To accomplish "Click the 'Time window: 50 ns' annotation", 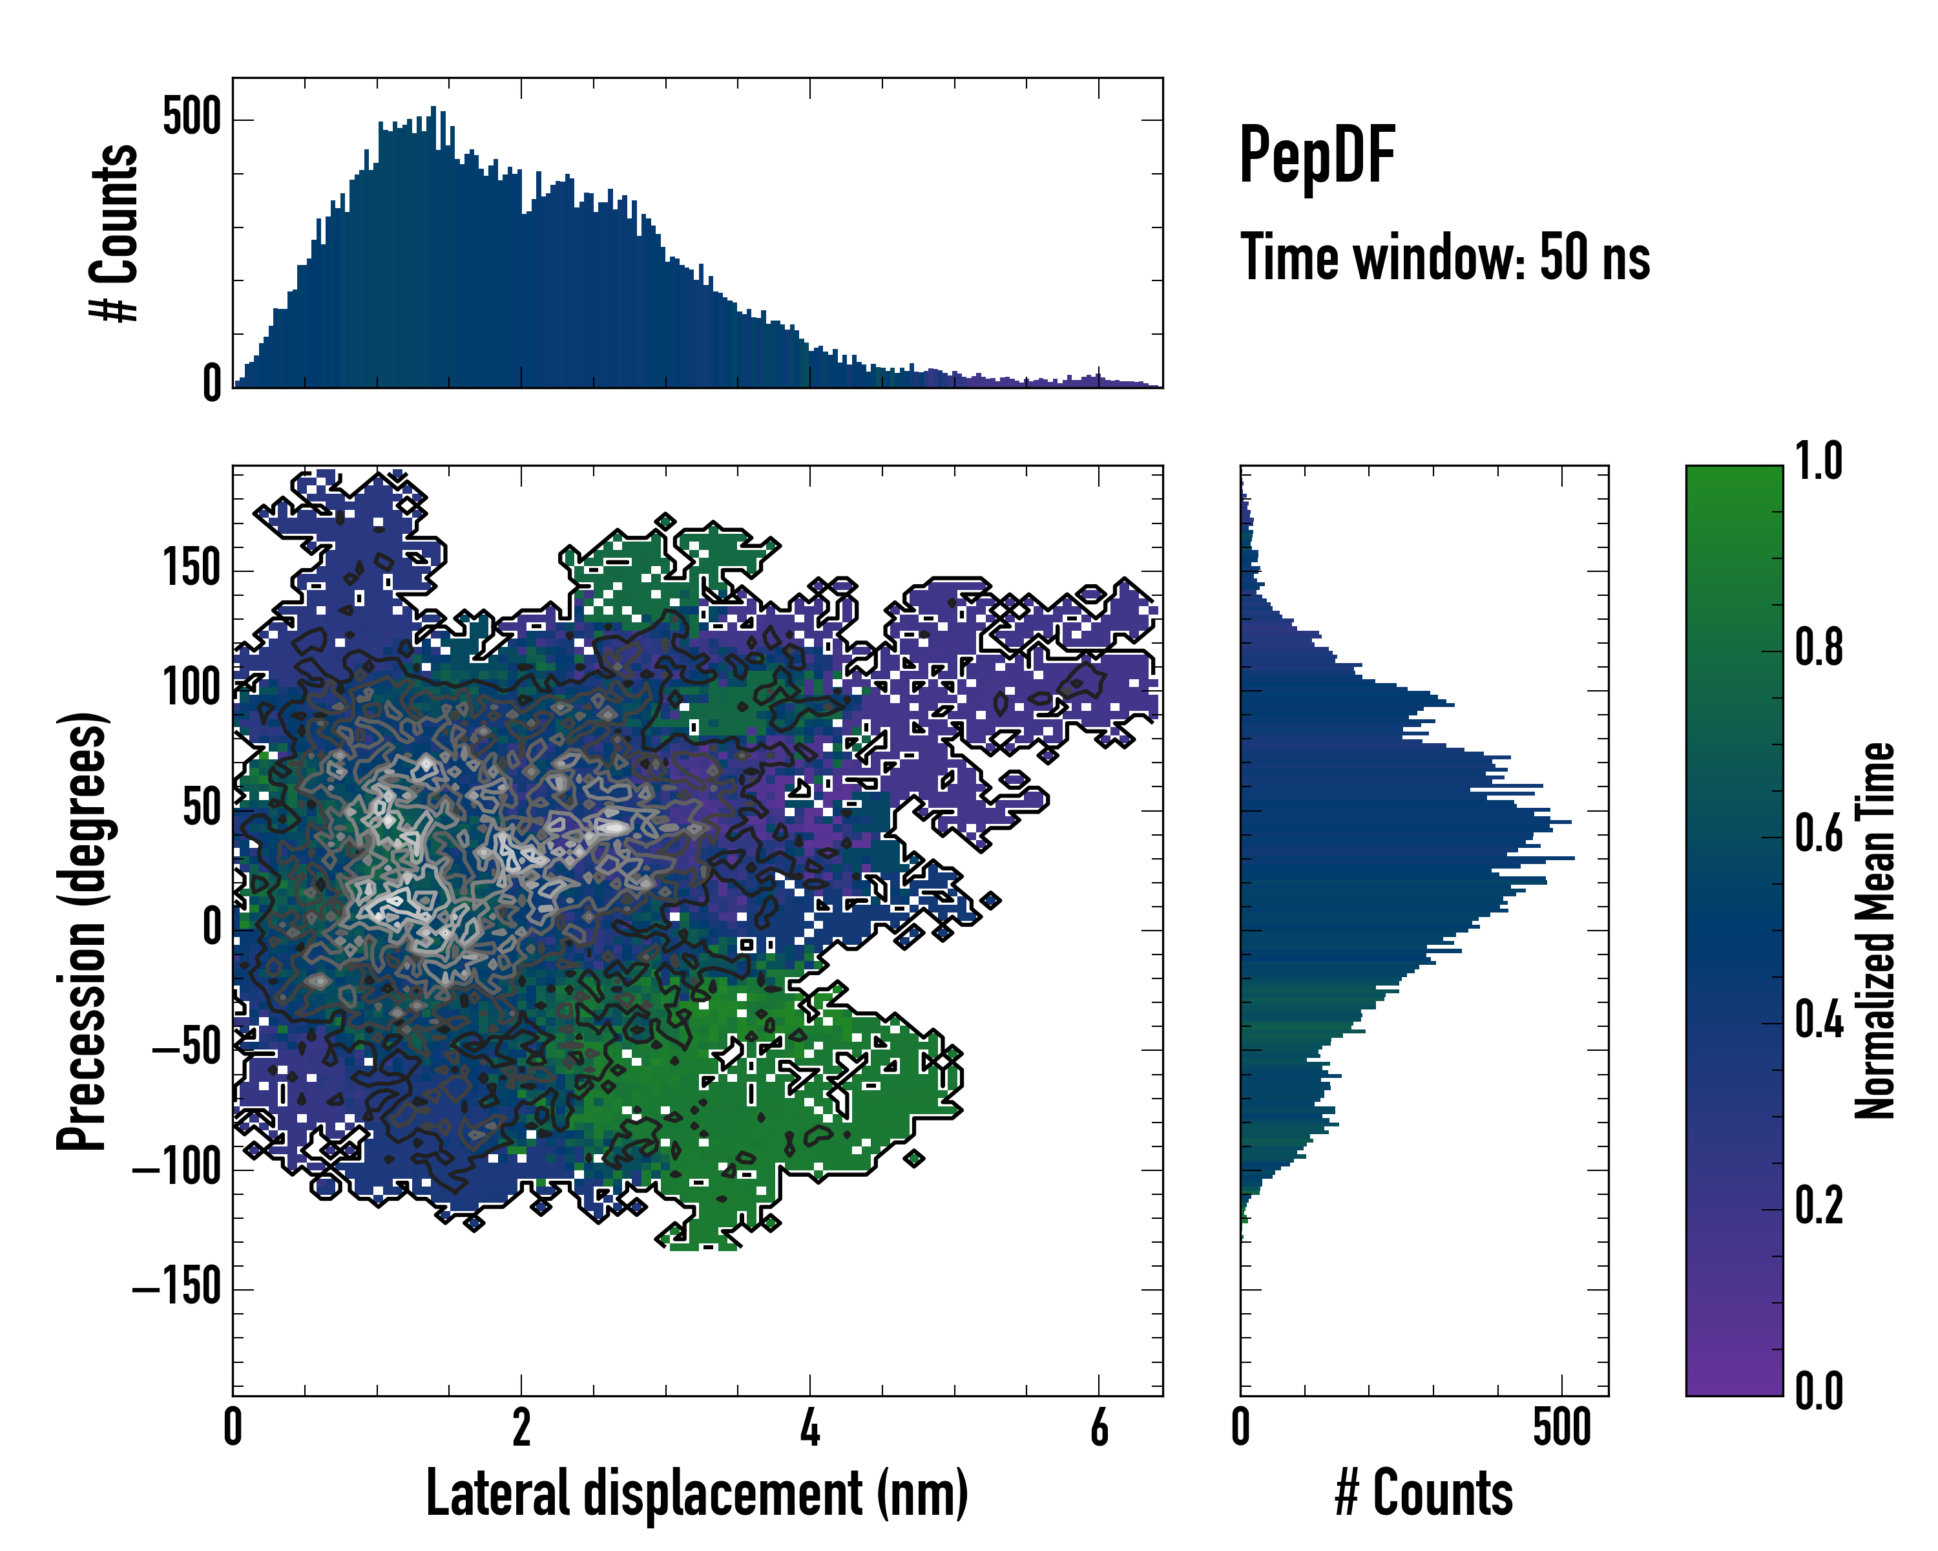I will pos(1444,258).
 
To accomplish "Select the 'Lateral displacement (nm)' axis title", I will pos(696,1493).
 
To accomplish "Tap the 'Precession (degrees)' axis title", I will pos(83,931).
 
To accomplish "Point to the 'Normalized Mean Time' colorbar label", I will pos(1875,931).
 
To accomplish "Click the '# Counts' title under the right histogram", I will pos(1424,1493).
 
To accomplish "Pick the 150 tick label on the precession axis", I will pos(191,569).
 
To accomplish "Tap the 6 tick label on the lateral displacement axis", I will pos(1098,1428).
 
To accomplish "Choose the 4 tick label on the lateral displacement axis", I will pos(810,1428).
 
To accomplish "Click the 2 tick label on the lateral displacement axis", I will pos(521,1428).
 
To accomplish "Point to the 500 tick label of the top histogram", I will pos(191,118).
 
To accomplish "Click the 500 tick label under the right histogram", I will pos(1561,1428).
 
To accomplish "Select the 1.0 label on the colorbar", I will pos(1818,462).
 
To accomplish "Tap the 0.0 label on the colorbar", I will pos(1818,1391).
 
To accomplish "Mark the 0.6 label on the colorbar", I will pos(1818,834).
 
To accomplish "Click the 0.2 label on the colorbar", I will pos(1818,1206).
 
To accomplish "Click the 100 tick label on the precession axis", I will pos(191,689).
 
